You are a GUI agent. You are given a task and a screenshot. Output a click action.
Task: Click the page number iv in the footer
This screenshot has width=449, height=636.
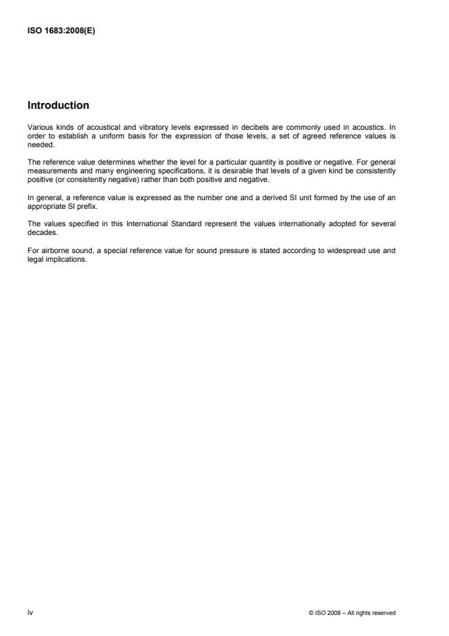(x=29, y=612)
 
